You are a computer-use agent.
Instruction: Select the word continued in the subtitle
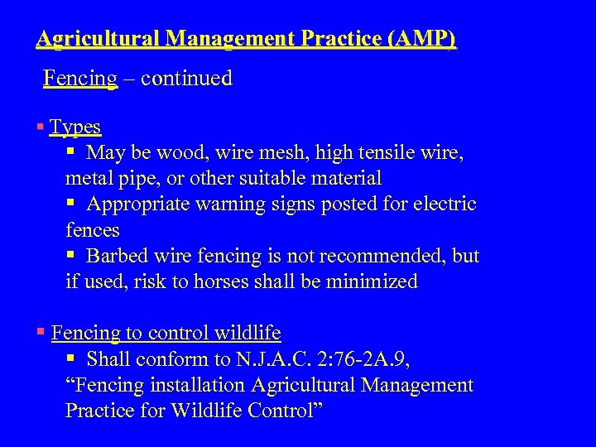186,79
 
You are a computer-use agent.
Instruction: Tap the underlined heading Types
75,127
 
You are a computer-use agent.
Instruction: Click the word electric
445,204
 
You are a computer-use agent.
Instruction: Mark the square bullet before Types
41,127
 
